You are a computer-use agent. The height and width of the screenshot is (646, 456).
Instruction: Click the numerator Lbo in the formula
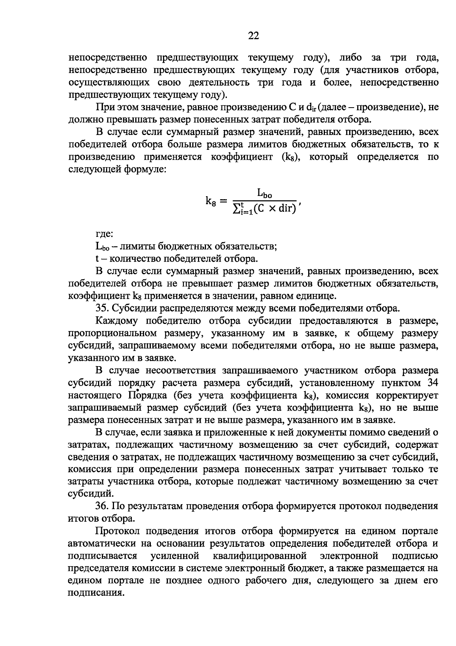[x=264, y=194]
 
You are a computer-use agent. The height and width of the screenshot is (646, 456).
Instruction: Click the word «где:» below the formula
[x=104, y=234]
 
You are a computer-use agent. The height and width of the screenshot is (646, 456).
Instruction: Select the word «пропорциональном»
[x=113, y=333]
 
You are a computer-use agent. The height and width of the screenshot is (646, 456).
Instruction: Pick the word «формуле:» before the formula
[x=141, y=169]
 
